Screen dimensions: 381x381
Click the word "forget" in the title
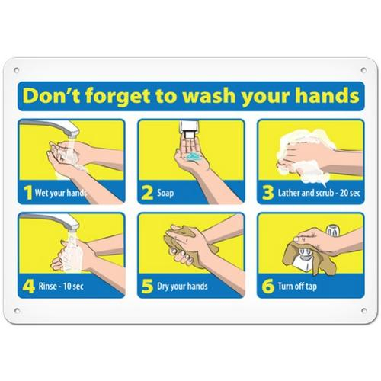[117, 97]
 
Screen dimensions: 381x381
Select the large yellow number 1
[28, 193]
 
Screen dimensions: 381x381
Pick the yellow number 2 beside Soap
[147, 193]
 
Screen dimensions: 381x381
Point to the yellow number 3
[267, 193]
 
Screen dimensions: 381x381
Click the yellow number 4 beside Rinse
[28, 287]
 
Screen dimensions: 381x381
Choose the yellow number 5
[147, 287]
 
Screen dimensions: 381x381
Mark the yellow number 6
[268, 287]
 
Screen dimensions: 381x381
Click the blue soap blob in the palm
[194, 156]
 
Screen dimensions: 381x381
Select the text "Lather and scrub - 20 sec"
[319, 193]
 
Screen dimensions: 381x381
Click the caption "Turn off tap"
[297, 287]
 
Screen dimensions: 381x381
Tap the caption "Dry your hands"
[182, 287]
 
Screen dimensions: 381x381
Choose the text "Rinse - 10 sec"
[61, 287]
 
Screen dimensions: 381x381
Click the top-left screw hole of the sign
[17, 70]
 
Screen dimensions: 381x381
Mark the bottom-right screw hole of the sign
[363, 310]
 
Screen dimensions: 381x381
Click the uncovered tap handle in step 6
[333, 230]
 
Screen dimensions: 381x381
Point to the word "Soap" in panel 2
[165, 193]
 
